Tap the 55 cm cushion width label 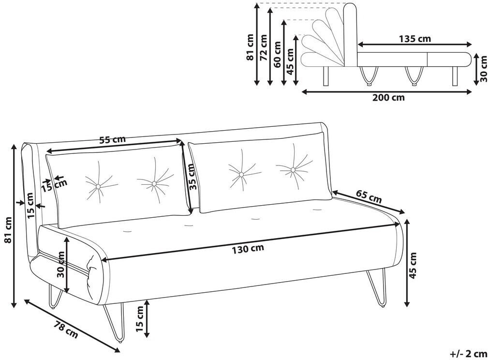coord(112,139)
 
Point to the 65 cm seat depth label coord(369,196)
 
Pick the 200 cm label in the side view coord(388,98)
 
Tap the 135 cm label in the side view coord(415,39)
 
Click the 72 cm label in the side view coord(264,47)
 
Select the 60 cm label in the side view coord(277,54)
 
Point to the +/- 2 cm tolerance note coord(468,354)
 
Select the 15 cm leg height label coord(140,319)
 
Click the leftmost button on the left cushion coord(98,187)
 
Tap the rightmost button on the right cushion coord(293,170)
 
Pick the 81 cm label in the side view coord(251,47)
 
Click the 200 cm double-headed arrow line coord(387,92)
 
